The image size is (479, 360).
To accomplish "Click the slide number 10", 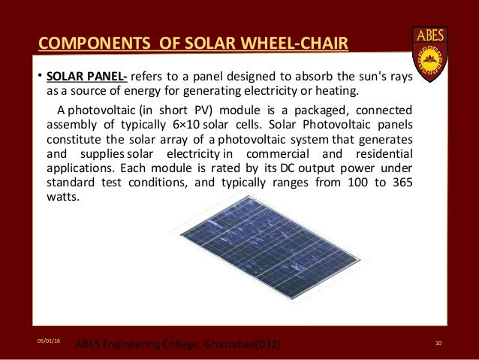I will tap(438, 343).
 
